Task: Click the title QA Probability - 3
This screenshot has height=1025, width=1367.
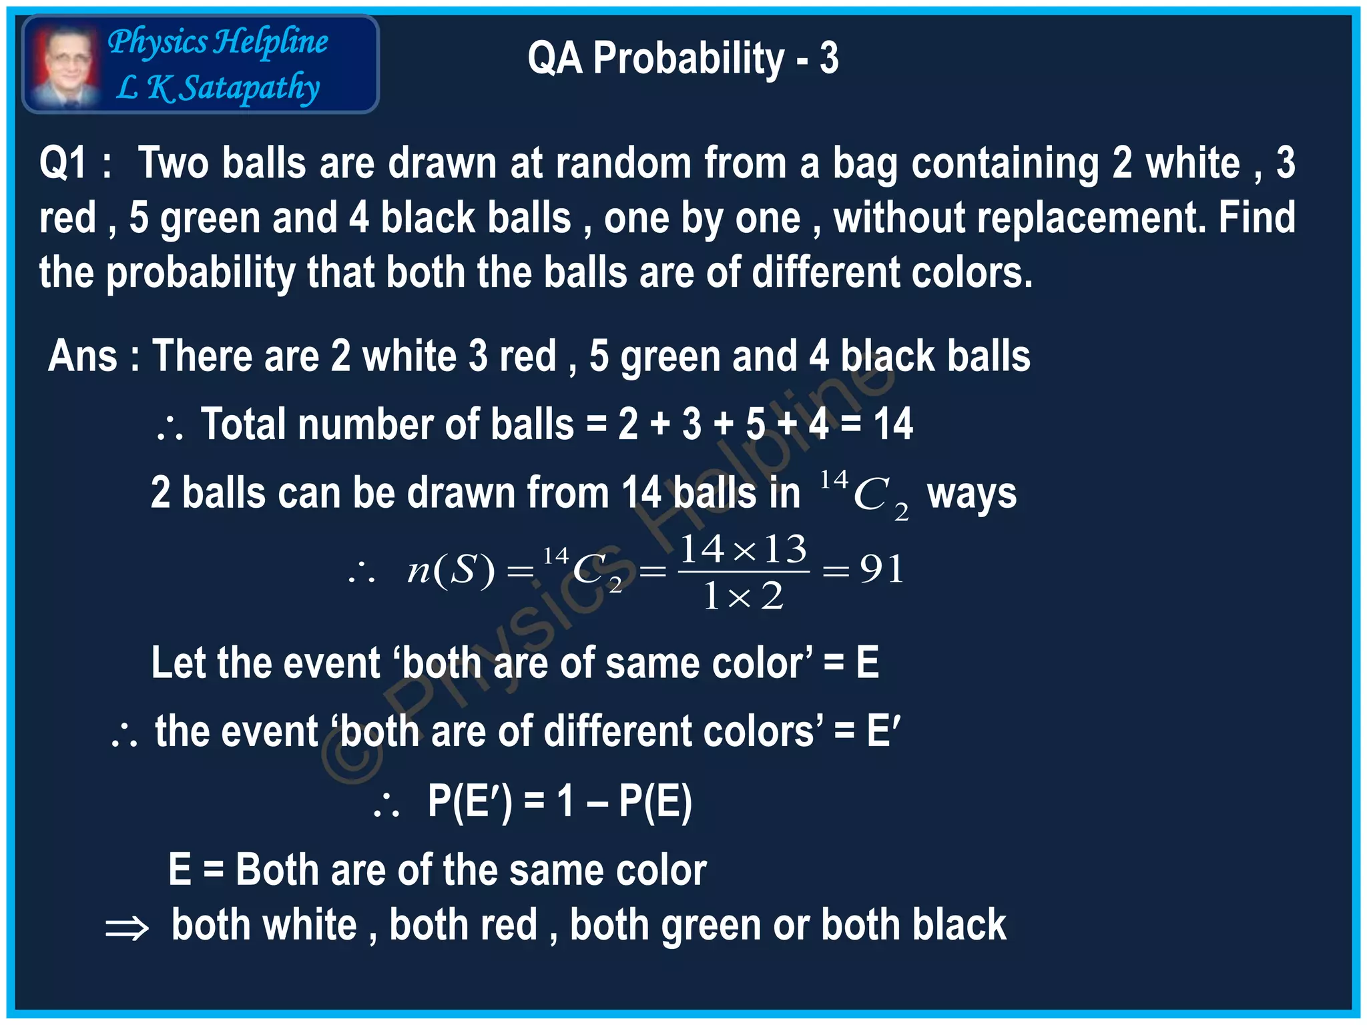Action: click(682, 59)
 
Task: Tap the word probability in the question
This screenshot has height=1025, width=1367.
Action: click(200, 274)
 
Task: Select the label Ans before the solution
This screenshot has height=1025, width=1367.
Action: click(83, 356)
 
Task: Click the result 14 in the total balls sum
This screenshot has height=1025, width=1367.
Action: click(893, 424)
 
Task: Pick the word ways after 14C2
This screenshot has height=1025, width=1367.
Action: click(972, 494)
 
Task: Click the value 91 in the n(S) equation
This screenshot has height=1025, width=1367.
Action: click(882, 570)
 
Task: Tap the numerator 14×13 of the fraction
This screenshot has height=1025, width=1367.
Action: click(744, 550)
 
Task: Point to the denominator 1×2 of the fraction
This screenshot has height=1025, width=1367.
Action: click(744, 596)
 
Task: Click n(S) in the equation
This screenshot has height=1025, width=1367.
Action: click(451, 571)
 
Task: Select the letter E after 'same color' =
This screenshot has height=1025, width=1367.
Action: click(867, 663)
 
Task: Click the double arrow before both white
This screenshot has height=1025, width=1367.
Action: click(127, 928)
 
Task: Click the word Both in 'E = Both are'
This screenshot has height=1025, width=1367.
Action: click(276, 871)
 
